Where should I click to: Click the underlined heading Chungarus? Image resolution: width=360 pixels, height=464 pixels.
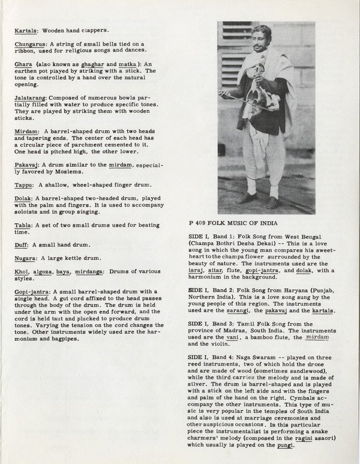pyautogui.click(x=28, y=43)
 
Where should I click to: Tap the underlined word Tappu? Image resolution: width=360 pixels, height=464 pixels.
pyautogui.click(x=23, y=184)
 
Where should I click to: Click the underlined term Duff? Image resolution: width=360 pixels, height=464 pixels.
pyautogui.click(x=22, y=245)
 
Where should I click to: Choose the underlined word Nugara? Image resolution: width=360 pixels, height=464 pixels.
pyautogui.click(x=26, y=258)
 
